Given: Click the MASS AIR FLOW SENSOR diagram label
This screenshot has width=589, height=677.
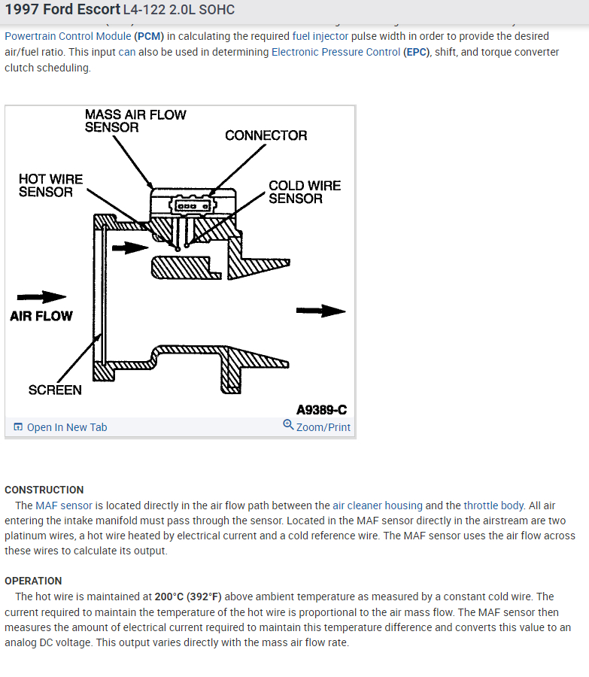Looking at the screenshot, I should [135, 121].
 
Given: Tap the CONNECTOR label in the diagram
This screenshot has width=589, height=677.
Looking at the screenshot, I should [266, 135].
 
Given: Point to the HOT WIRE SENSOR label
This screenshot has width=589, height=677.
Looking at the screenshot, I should [50, 185].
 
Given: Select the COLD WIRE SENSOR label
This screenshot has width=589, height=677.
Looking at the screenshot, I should [305, 192].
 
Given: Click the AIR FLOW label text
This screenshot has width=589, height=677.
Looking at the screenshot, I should [41, 316].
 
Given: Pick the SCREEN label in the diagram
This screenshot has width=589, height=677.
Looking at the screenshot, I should [55, 390].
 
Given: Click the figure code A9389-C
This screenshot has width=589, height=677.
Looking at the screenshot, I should [321, 410].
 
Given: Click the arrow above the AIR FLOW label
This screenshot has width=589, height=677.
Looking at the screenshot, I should [41, 297].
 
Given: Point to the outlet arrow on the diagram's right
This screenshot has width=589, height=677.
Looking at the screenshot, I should [320, 311].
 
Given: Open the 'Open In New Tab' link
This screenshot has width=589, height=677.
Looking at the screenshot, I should [66, 427].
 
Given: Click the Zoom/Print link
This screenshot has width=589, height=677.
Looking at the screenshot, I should [323, 427].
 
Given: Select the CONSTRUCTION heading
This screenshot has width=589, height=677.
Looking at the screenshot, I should [44, 490].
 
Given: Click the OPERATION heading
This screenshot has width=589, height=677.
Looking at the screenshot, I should [33, 581].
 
